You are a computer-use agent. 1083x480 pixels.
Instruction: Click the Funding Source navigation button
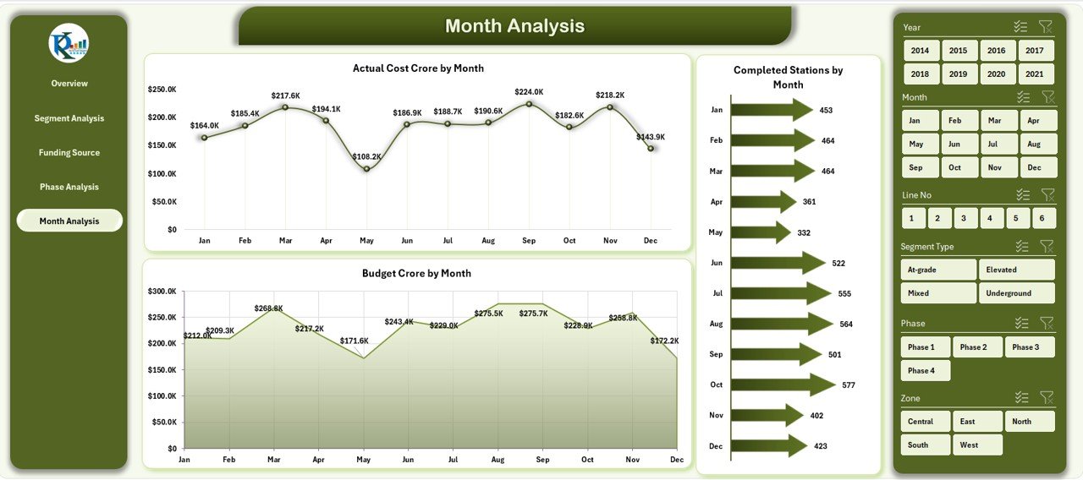click(69, 153)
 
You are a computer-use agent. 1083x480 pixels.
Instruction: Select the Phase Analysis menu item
click(69, 187)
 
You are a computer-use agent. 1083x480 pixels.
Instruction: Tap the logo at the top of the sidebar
click(69, 43)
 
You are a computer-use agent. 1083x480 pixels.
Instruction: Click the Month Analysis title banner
click(514, 26)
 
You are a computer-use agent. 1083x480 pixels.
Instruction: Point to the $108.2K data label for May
click(366, 156)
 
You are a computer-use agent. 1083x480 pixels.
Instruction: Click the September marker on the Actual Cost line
click(529, 104)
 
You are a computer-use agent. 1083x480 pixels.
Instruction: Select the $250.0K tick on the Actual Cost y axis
click(162, 89)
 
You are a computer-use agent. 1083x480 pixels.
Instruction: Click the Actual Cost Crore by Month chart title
click(418, 68)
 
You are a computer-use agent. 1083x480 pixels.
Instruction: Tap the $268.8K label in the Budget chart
click(268, 308)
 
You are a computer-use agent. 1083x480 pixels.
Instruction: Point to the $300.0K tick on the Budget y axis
click(162, 291)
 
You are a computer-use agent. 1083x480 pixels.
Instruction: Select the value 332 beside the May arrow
click(804, 232)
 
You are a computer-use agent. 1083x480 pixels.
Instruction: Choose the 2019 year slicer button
click(958, 74)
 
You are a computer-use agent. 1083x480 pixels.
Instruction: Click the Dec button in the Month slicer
click(1034, 167)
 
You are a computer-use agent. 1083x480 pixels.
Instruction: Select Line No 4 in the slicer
click(989, 218)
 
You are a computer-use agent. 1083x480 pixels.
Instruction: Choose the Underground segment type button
click(1016, 293)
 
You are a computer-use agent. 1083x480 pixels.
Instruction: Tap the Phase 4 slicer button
click(925, 370)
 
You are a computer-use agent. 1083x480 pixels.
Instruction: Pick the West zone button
click(976, 445)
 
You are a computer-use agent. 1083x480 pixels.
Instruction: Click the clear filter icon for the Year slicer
click(1046, 27)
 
